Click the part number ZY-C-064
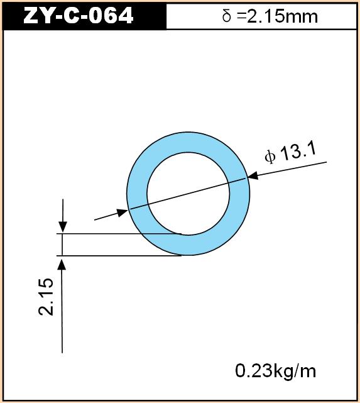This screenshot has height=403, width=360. pyautogui.click(x=79, y=16)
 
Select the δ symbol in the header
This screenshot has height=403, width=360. pyautogui.click(x=227, y=16)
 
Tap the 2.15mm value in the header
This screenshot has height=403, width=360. pyautogui.click(x=282, y=17)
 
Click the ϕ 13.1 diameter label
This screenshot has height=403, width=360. pyautogui.click(x=290, y=153)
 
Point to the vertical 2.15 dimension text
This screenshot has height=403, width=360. pyautogui.click(x=46, y=296)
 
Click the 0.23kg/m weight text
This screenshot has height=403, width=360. pyautogui.click(x=276, y=371)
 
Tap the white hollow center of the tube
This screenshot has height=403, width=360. pyautogui.click(x=188, y=194)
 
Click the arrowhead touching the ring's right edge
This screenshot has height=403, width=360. pyautogui.click(x=253, y=176)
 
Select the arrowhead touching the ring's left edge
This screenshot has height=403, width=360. pyautogui.click(x=123, y=213)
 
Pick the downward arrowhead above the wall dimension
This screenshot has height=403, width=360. pyautogui.click(x=63, y=227)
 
